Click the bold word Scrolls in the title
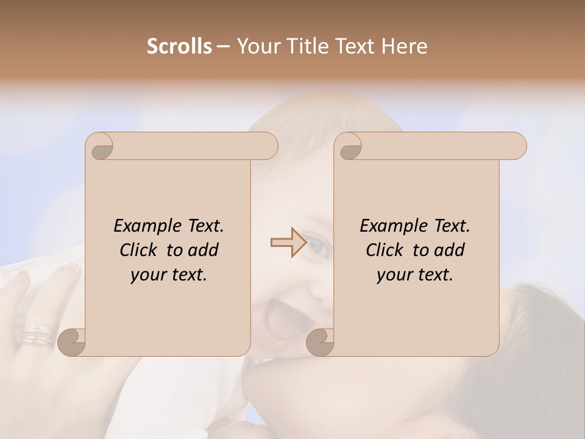(179, 46)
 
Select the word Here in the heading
(404, 46)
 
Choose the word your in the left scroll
(147, 275)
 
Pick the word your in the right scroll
(394, 275)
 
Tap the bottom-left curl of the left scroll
(72, 341)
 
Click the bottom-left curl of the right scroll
(320, 341)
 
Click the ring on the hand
(38, 335)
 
